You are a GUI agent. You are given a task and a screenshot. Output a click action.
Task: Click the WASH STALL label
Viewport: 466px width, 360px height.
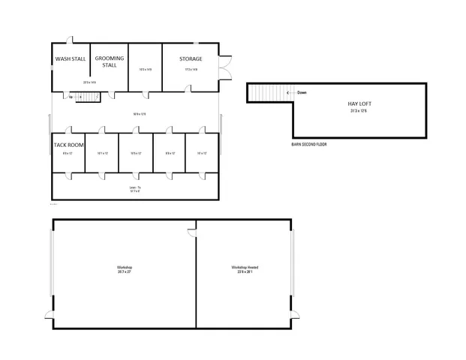70,58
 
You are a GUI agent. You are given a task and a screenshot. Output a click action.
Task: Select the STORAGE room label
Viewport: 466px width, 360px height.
191,58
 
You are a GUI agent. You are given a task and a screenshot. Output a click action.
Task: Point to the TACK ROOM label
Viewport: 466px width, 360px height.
69,145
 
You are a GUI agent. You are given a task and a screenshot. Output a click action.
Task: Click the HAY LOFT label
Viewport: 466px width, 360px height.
359,103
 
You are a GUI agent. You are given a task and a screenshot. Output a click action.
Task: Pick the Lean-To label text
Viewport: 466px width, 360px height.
135,187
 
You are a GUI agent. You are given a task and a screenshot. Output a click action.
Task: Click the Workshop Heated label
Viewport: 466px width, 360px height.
245,267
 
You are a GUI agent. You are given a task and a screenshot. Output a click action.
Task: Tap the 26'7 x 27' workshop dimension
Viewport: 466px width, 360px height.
124,271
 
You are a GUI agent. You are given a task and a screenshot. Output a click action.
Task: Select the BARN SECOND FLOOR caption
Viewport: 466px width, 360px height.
309,143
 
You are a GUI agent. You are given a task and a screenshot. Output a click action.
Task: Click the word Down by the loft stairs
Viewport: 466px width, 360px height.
302,93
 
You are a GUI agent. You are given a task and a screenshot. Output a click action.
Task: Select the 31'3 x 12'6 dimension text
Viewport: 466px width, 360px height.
359,110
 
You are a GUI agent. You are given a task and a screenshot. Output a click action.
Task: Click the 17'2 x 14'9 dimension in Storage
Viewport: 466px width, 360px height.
191,70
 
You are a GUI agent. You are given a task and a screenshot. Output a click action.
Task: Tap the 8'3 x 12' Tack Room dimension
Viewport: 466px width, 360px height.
68,153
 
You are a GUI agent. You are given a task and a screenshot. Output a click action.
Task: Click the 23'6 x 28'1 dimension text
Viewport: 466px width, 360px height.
245,272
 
